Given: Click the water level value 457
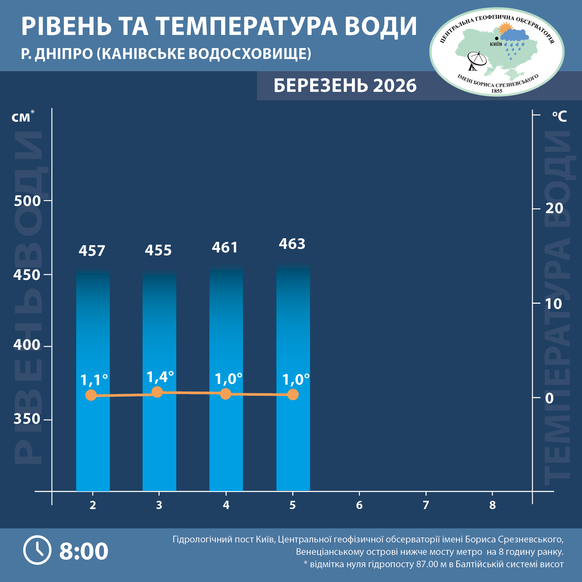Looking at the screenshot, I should click(92, 251).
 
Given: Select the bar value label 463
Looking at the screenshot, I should click(292, 244).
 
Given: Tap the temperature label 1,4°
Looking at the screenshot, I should click(160, 377).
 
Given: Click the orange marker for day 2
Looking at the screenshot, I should click(91, 395).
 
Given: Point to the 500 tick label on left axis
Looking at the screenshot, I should click(27, 201).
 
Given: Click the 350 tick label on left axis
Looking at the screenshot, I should click(27, 419).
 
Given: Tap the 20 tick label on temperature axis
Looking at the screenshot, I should click(554, 208).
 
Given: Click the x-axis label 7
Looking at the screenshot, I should click(426, 505).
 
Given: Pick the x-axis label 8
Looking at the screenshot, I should click(492, 505).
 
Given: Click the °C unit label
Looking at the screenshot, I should click(559, 116).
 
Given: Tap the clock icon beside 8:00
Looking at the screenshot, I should click(37, 550).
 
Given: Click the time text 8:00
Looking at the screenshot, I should click(84, 551).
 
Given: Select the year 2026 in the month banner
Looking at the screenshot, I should click(395, 86).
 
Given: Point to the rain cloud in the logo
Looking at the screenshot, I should click(514, 36).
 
